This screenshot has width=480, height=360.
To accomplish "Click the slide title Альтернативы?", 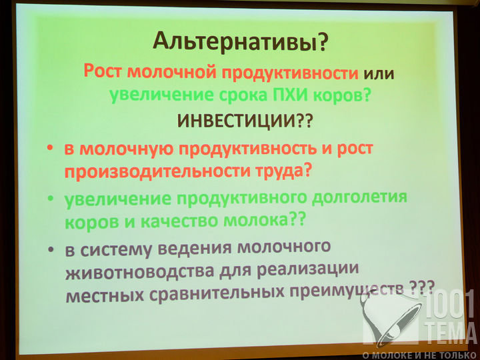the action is tap(240, 41).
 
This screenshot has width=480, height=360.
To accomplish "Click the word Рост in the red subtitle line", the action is tap(103, 71).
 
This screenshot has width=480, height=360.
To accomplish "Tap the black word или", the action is tap(379, 74).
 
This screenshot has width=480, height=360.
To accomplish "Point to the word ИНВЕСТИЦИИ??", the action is tap(245, 121).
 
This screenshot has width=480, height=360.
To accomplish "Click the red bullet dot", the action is tap(49, 148).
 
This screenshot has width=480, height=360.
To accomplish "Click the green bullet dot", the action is tap(51, 199).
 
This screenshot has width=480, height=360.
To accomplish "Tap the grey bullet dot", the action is tap(51, 249).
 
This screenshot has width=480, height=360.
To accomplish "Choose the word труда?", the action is tap(284, 170).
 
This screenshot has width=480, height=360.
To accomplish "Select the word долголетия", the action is tap(359, 198).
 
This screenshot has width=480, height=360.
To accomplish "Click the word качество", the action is tap(179, 221).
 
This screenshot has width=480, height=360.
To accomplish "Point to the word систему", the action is tap(116, 249).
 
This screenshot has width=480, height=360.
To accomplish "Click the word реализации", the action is tap(307, 269).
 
